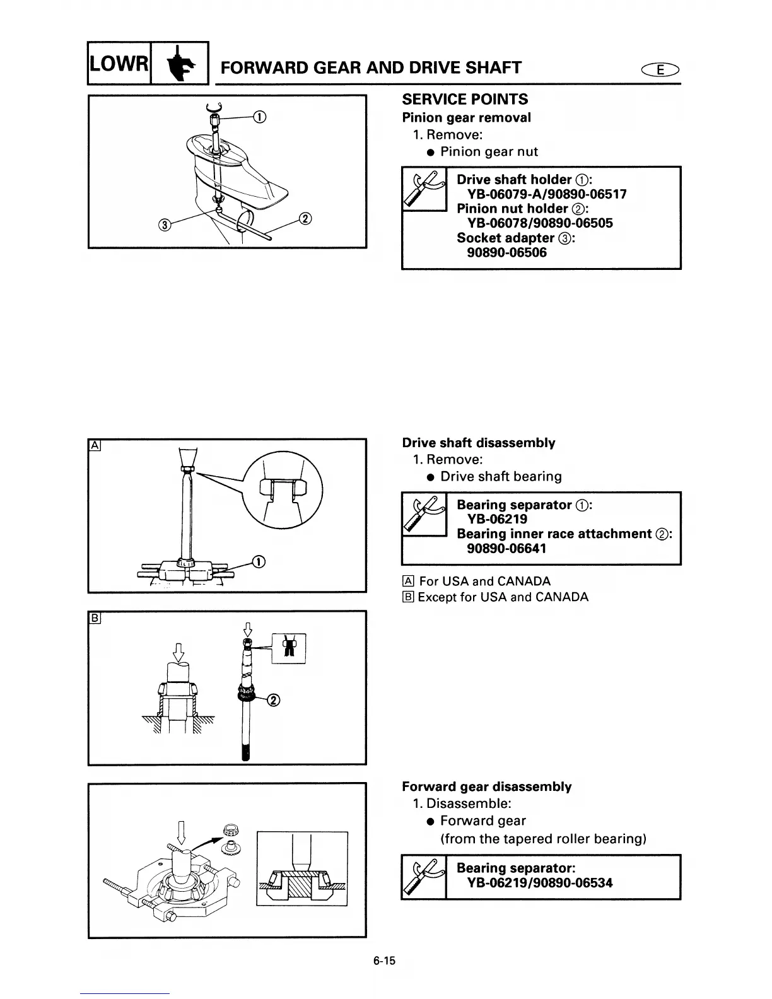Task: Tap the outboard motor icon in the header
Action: coord(180,64)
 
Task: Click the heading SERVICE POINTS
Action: coord(465,100)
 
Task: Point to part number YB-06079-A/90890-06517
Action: coord(546,194)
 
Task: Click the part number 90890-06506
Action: coord(506,253)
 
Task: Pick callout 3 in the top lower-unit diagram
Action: coord(165,225)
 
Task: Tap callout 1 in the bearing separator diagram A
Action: coord(258,562)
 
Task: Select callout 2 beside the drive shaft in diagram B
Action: coord(273,699)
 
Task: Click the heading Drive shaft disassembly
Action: coord(479,443)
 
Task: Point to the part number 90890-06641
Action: coord(506,549)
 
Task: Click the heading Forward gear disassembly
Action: coord(487,786)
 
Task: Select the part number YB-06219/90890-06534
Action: coord(539,883)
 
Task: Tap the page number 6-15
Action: coord(383,961)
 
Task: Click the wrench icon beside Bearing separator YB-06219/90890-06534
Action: coord(423,877)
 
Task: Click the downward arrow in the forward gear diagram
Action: coord(182,831)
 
